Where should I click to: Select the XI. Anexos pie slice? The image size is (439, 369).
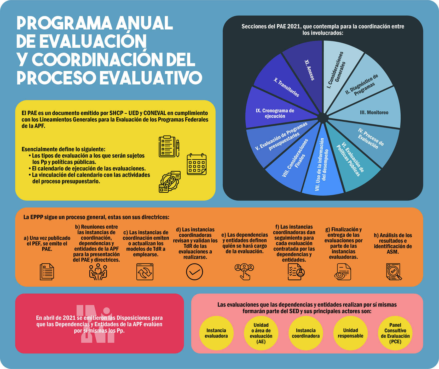(x=306, y=71)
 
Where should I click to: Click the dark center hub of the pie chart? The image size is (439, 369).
(x=323, y=118)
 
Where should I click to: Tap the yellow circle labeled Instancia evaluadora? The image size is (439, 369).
(x=216, y=333)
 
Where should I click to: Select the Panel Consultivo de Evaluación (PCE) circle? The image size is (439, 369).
(x=395, y=333)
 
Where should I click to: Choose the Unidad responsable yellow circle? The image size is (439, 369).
(x=350, y=333)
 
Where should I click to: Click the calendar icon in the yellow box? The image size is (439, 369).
(x=197, y=164)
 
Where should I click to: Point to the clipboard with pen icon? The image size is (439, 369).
(x=169, y=146)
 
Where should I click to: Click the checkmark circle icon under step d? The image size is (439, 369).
(x=194, y=272)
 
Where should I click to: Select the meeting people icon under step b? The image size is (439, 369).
(x=98, y=272)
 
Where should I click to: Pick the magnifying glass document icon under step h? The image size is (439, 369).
(x=394, y=272)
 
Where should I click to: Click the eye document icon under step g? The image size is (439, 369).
(x=343, y=272)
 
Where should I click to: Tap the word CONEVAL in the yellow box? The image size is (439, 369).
(x=155, y=113)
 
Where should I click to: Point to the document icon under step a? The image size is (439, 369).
(x=47, y=272)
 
